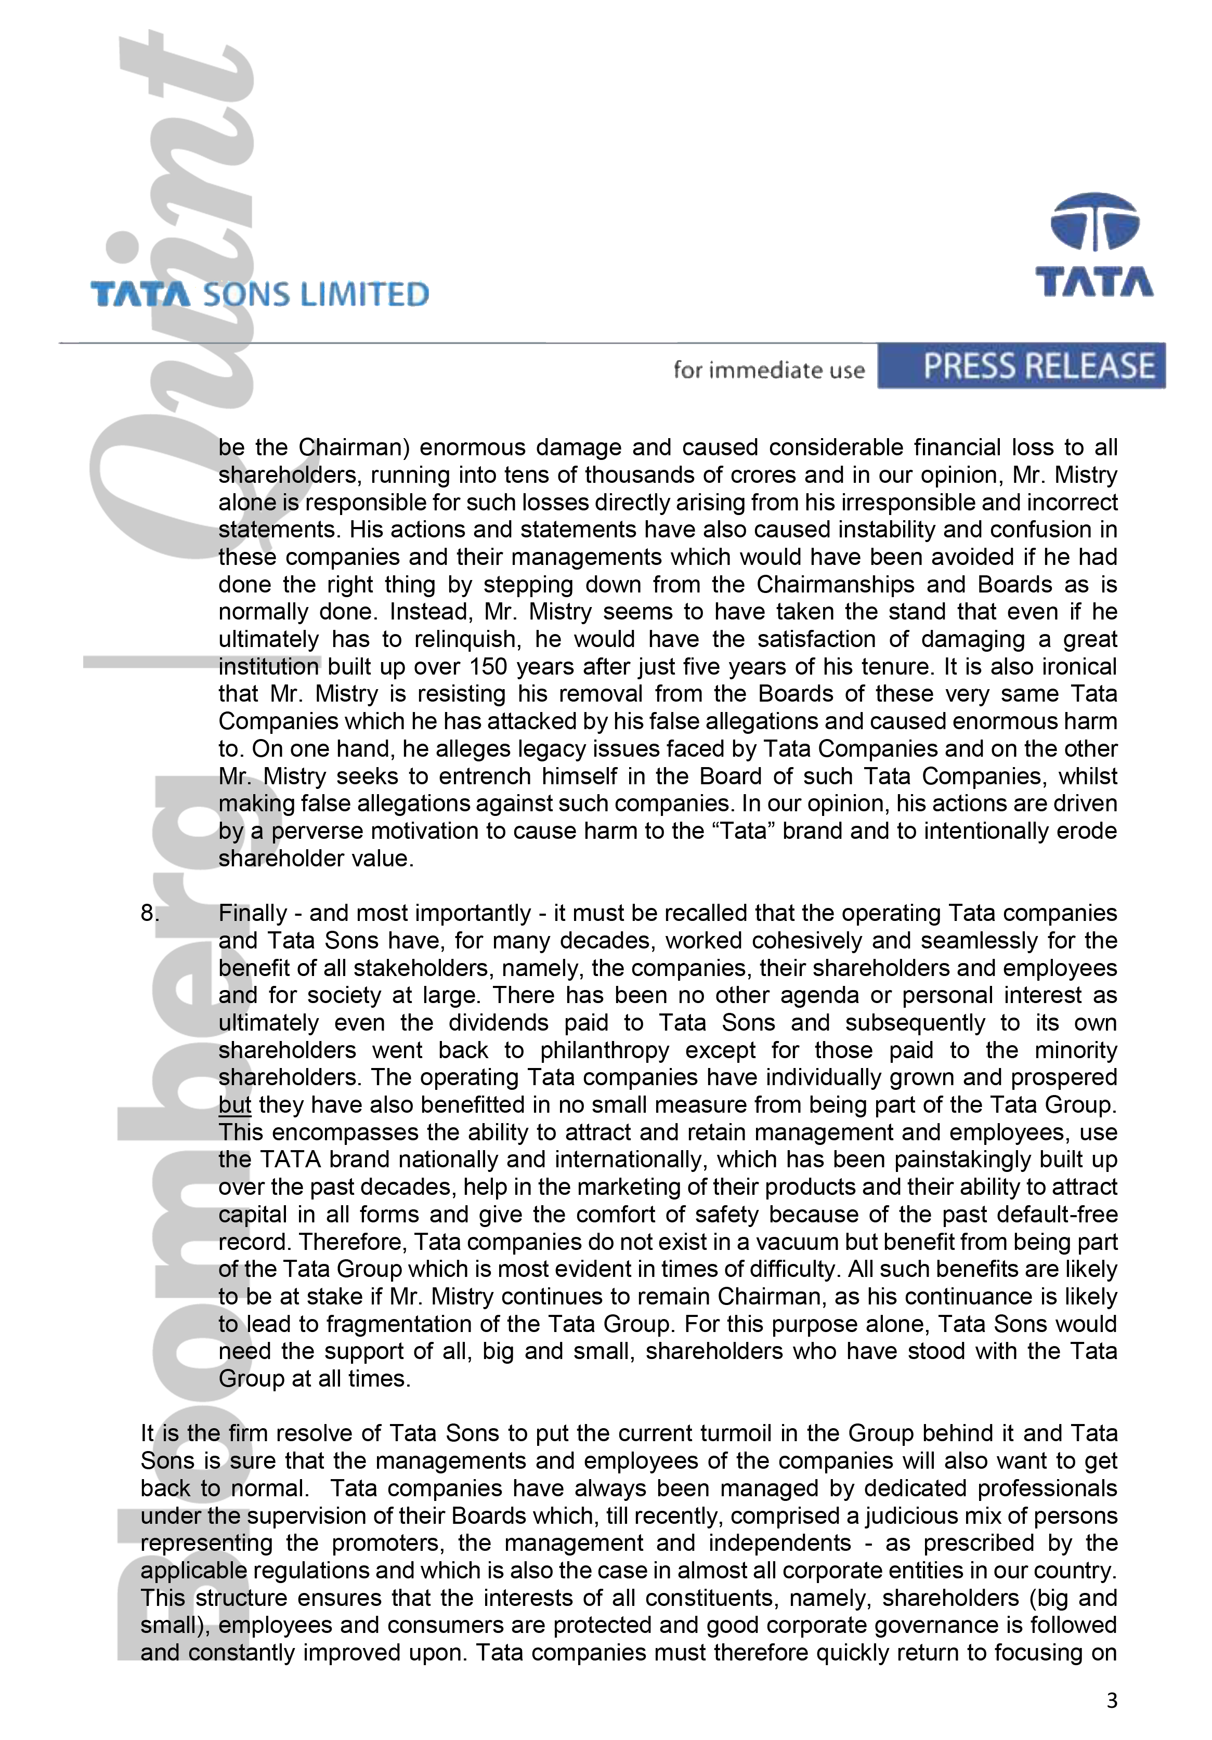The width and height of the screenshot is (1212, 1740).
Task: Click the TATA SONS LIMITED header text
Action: tap(259, 294)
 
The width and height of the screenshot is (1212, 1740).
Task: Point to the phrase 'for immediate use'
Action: tap(768, 370)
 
